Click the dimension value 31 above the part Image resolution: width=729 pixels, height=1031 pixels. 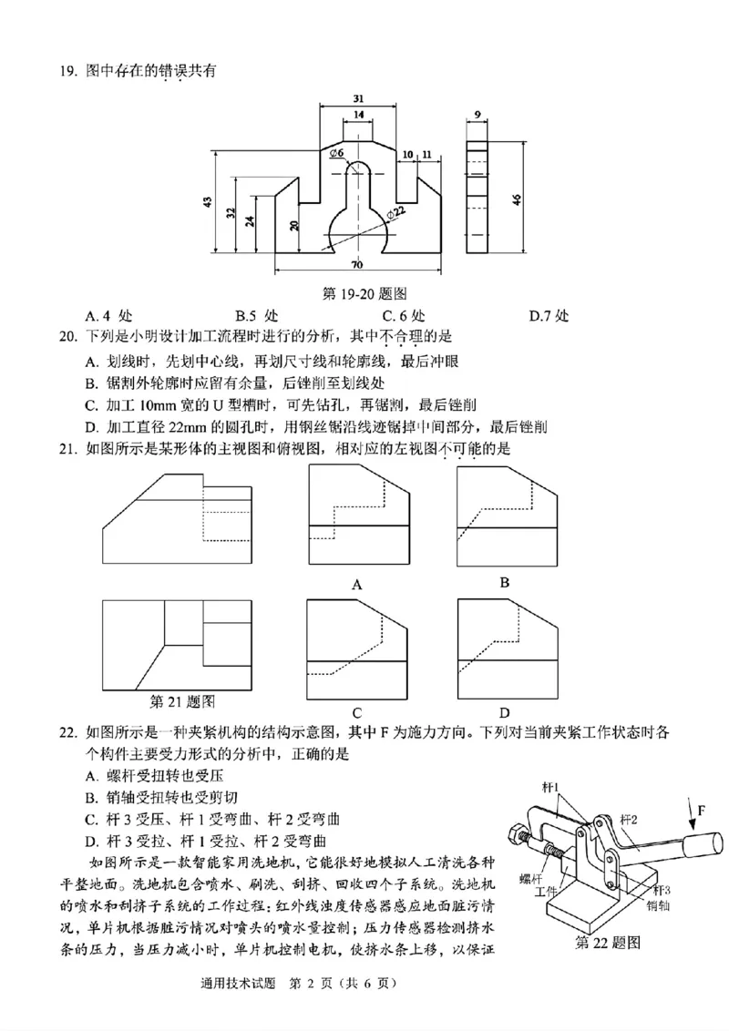click(x=358, y=98)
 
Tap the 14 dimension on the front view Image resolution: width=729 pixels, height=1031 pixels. click(x=358, y=115)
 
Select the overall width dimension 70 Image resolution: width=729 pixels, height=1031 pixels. click(x=355, y=264)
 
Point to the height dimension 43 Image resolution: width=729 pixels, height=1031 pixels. click(x=208, y=201)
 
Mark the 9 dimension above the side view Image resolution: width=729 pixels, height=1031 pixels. click(x=477, y=115)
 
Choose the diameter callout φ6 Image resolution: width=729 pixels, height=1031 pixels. click(x=336, y=153)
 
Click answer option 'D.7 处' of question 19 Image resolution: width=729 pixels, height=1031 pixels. click(x=549, y=316)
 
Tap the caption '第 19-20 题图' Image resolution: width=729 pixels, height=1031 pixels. click(x=364, y=293)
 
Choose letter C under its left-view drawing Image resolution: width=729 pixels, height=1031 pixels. click(x=357, y=712)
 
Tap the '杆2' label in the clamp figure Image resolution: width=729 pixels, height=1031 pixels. click(x=629, y=820)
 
